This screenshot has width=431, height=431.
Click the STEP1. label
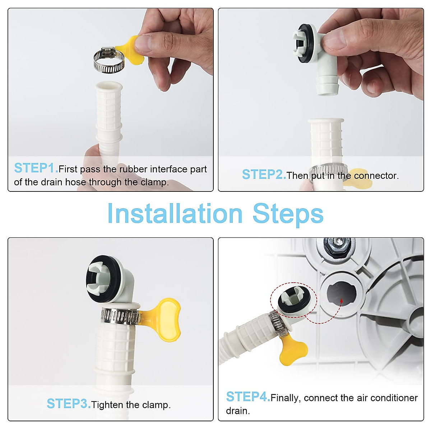coord(36,168)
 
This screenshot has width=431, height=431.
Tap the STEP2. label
coord(264,175)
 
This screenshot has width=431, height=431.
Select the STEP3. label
coord(69,404)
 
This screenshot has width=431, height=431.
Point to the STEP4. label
coord(248,397)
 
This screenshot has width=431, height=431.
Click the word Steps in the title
coord(288,215)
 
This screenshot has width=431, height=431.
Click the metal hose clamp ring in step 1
coord(109,60)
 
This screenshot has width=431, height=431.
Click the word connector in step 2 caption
coord(376,176)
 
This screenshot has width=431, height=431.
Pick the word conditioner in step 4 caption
coord(394,398)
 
